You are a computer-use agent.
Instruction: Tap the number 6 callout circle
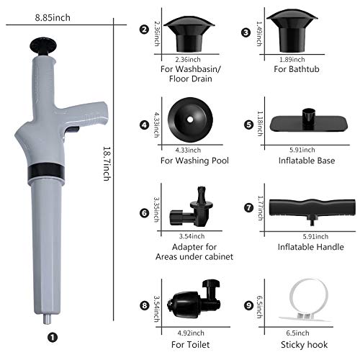[144, 213]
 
